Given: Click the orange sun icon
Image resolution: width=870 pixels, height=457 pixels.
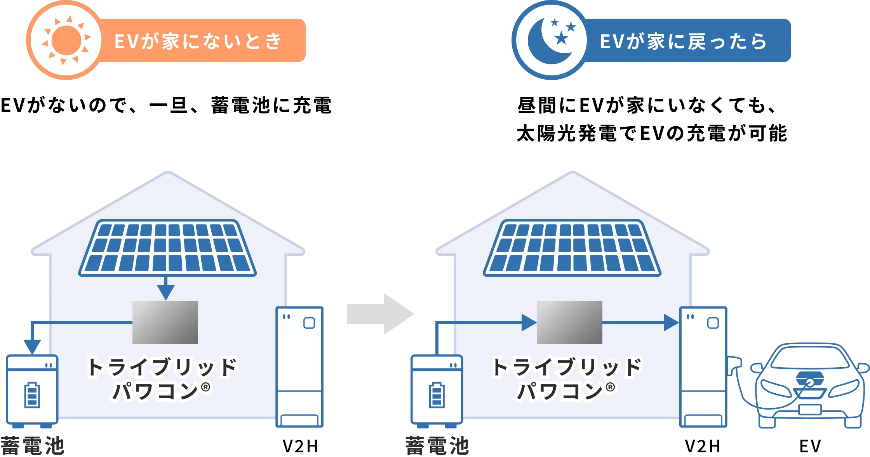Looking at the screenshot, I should point(66,40).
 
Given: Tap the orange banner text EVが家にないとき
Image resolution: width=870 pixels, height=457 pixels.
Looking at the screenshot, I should point(198,41).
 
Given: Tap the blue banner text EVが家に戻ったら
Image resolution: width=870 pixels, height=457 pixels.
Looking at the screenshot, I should point(684,41).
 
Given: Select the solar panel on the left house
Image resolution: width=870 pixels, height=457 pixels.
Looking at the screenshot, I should point(167,248).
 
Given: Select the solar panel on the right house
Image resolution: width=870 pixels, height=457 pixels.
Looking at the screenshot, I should point(572,248).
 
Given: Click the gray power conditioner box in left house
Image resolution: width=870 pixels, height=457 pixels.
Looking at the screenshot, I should point(165,322).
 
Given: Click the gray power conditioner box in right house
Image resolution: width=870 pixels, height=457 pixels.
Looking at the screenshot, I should point(569,322).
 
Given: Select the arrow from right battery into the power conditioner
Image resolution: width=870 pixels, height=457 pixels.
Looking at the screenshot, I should point(528,323).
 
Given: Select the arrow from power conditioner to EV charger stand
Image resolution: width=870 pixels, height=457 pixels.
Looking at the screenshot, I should point(670,323).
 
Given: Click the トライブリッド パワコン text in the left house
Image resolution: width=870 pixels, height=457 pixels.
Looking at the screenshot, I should point(162,378).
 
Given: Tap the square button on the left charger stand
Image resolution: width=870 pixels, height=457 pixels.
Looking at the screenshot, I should point(309,323).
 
